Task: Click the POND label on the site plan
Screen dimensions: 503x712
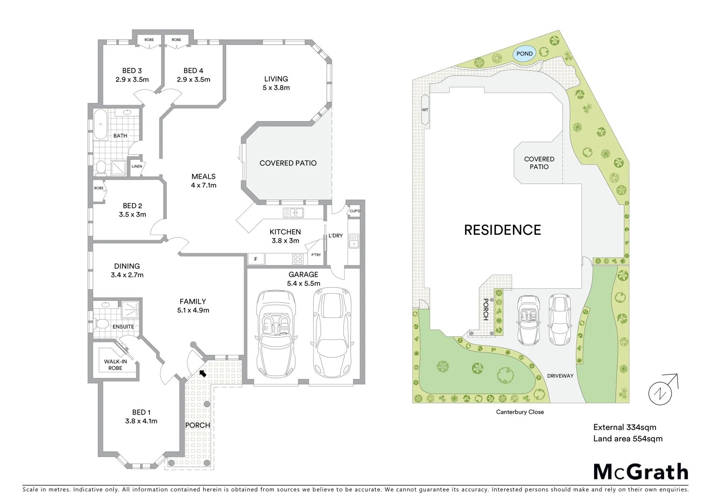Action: tap(524, 54)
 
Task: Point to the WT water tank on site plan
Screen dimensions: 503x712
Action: tap(424, 110)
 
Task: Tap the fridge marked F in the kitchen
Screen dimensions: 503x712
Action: tap(255, 259)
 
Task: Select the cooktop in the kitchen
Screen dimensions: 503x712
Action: tap(298, 259)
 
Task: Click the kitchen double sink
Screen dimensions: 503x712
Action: tap(294, 213)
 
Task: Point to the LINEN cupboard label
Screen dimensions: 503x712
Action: tap(137, 166)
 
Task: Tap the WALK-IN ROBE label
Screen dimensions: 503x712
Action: tap(115, 365)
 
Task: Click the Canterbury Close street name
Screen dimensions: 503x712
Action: tap(520, 412)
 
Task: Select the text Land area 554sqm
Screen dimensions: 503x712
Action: tap(627, 438)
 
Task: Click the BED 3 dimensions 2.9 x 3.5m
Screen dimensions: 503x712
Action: tap(132, 79)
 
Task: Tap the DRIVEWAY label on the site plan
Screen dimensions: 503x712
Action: tap(560, 376)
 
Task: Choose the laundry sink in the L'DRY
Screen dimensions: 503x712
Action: tap(354, 241)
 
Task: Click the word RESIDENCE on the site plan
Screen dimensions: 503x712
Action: tap(502, 230)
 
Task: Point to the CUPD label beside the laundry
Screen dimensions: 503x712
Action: tap(354, 211)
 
